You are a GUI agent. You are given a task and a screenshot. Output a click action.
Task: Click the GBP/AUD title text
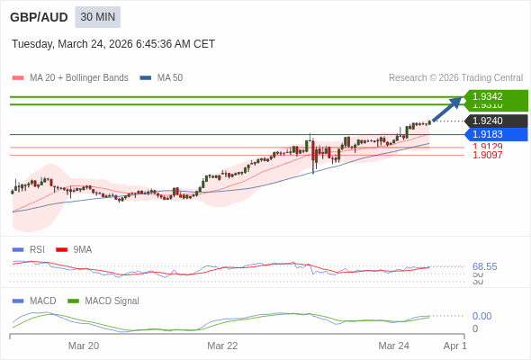pyautogui.click(x=39, y=17)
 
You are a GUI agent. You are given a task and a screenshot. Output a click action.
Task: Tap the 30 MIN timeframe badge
pyautogui.click(x=97, y=17)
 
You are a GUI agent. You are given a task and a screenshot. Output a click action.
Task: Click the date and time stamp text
pyautogui.click(x=113, y=44)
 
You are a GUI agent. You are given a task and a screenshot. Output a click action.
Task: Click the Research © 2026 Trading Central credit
pyautogui.click(x=455, y=78)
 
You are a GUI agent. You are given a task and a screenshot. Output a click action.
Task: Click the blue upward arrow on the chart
pyautogui.click(x=447, y=108)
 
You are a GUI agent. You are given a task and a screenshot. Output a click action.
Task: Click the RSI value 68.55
pyautogui.click(x=484, y=266)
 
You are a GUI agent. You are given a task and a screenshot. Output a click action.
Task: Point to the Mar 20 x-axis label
pyautogui.click(x=84, y=346)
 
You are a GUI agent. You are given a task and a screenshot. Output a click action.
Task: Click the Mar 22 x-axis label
pyautogui.click(x=222, y=346)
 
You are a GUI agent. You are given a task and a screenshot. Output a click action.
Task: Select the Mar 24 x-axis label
pyautogui.click(x=393, y=346)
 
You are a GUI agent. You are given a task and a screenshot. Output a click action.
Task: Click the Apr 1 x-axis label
pyautogui.click(x=455, y=346)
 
